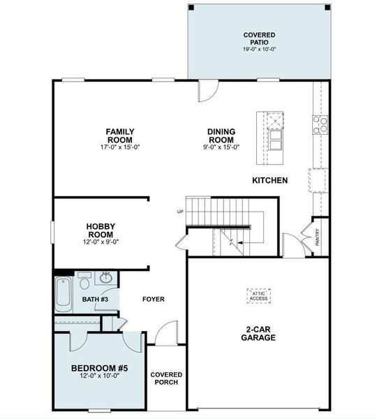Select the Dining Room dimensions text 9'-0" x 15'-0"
point(221,147)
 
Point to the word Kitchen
point(269,181)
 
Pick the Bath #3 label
point(95,300)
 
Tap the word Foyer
point(153,300)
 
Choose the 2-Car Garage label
point(259,333)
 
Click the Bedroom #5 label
point(99,368)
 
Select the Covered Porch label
point(165,378)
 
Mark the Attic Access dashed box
point(259,295)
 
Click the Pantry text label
point(318,238)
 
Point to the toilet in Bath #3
point(83,282)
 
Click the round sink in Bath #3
point(106,279)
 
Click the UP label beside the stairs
point(180,212)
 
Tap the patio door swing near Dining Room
point(208,91)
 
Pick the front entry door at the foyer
point(163,334)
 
